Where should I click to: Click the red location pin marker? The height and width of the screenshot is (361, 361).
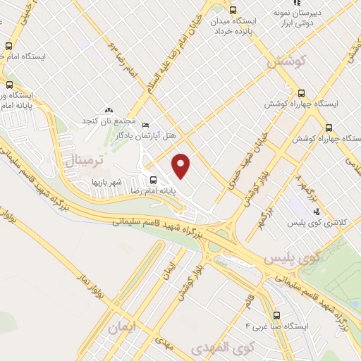pos(181,166)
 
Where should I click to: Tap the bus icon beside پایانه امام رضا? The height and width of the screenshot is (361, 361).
pos(153,180)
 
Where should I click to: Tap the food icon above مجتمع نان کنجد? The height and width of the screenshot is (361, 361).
pos(109,110)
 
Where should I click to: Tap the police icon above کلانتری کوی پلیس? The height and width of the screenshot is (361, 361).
pos(316,212)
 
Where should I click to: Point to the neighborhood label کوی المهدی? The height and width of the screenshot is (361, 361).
pos(231,348)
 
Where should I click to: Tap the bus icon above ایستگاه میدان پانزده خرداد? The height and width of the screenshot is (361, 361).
pos(233,10)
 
